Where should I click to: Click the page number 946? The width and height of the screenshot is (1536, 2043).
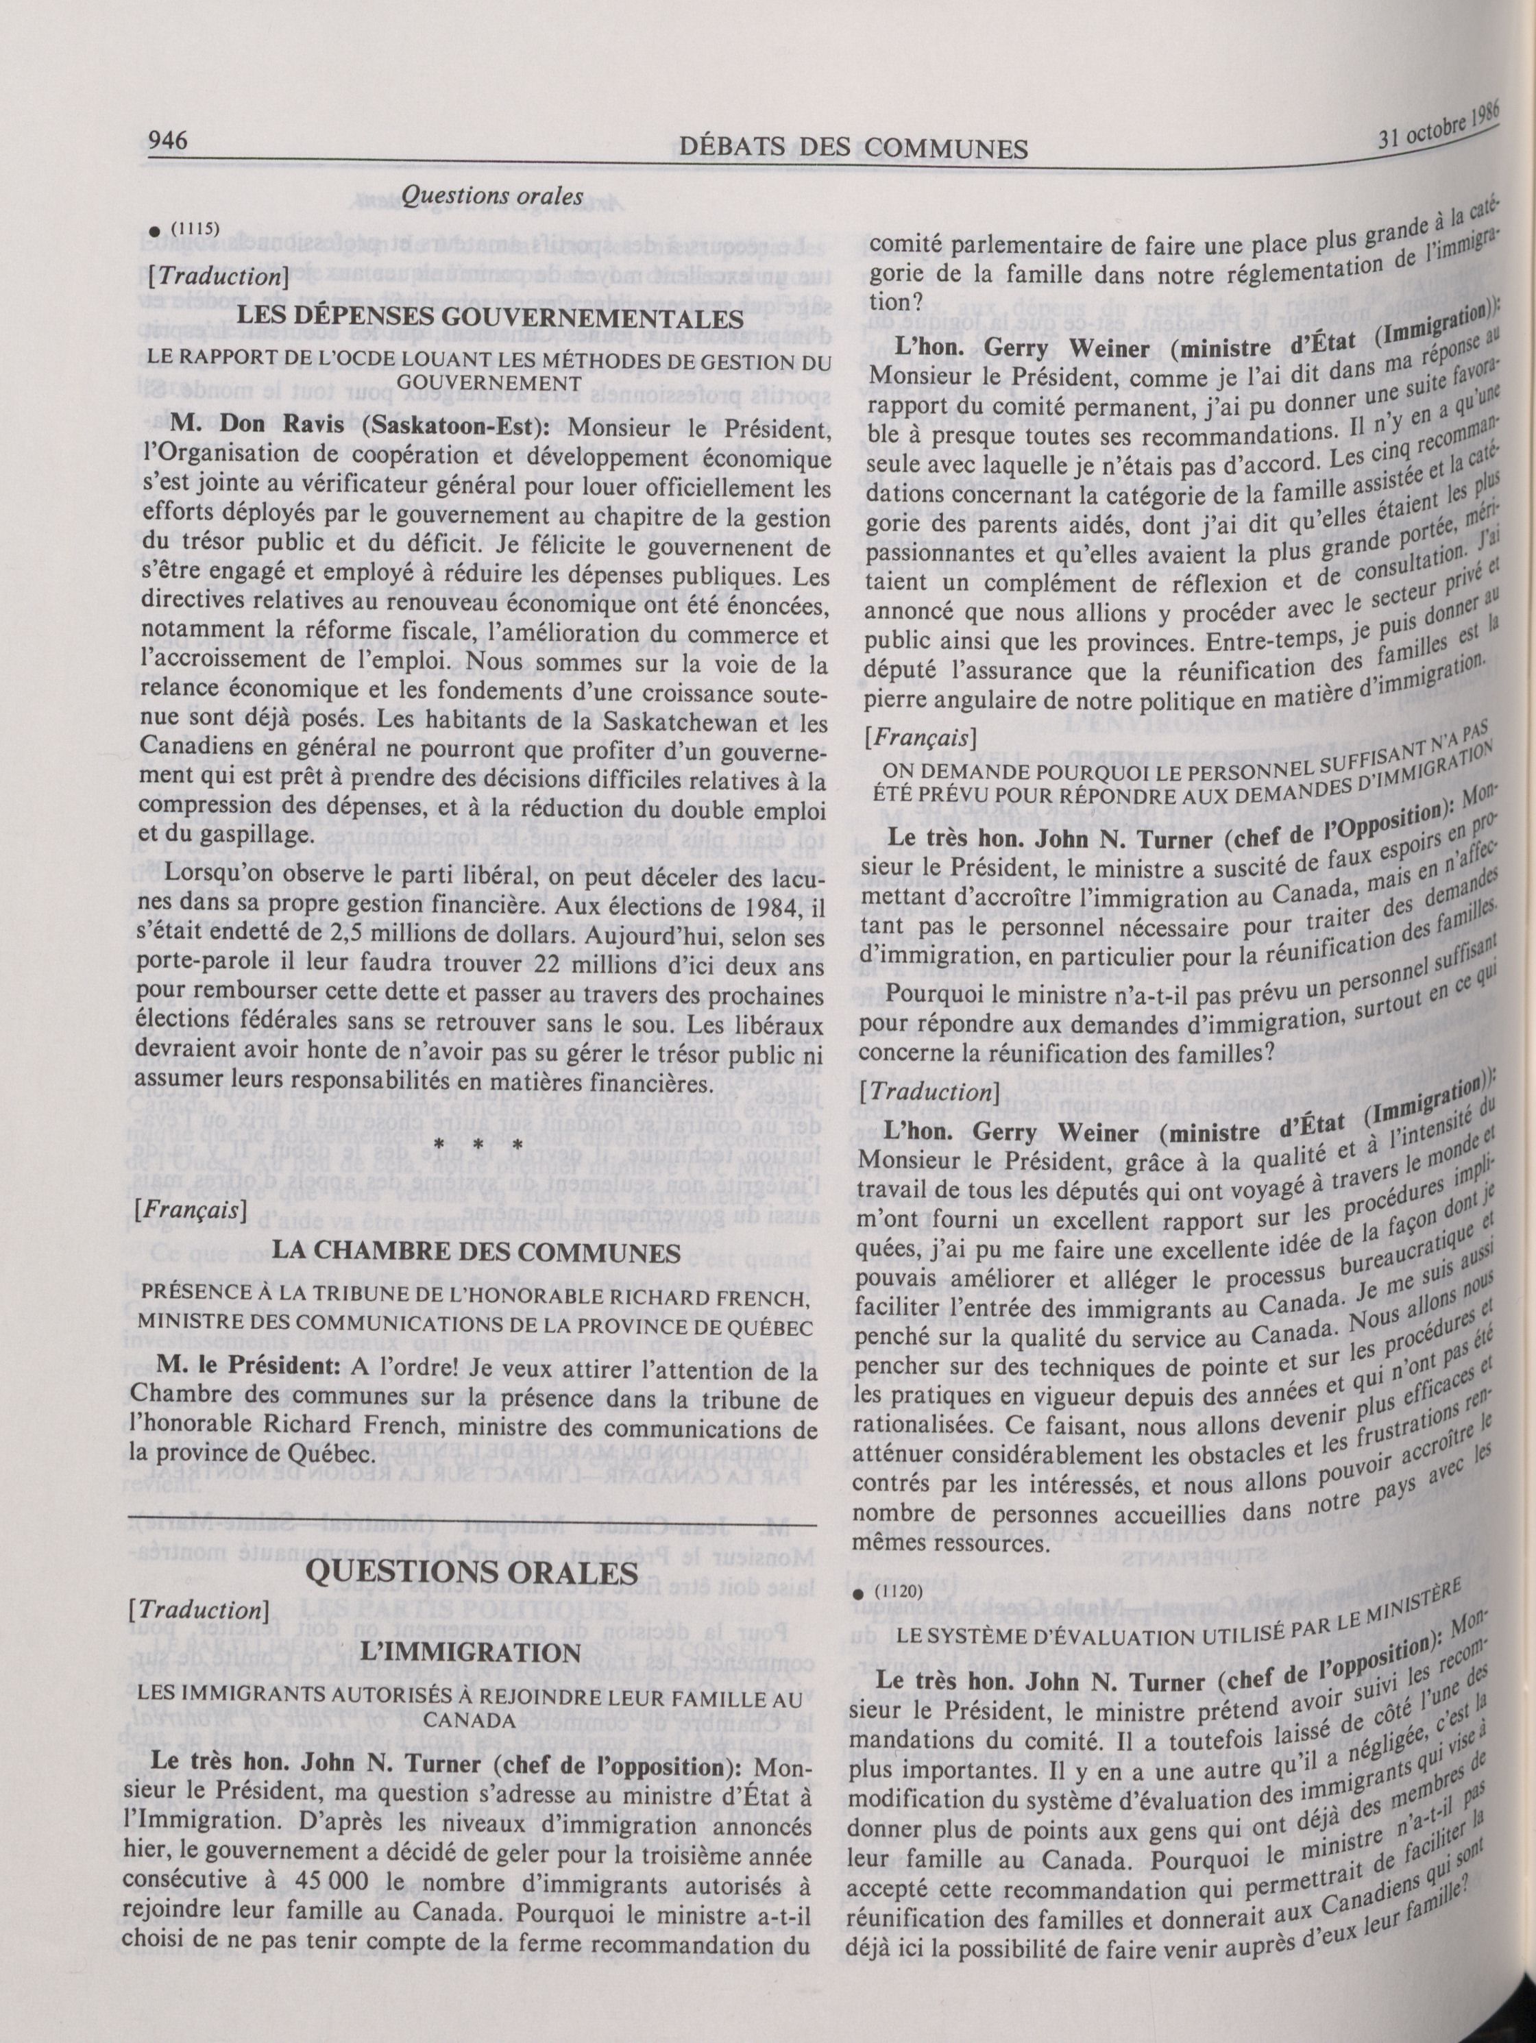(x=169, y=140)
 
